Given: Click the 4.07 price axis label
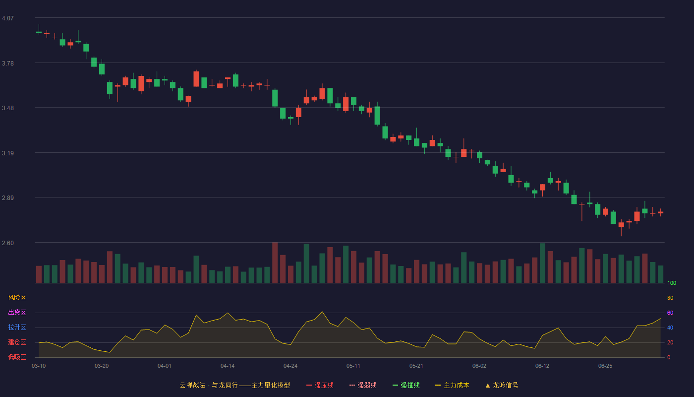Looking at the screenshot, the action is [x=8, y=18].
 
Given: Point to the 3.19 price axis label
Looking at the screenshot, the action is [x=8, y=153].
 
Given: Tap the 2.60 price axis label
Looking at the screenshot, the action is [x=8, y=243].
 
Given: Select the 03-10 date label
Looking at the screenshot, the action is [x=39, y=366].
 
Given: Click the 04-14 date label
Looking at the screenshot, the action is [x=228, y=366].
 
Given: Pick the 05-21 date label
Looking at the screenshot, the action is [x=416, y=366].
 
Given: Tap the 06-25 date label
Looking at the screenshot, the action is [x=605, y=366].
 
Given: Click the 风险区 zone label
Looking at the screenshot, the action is [x=17, y=298].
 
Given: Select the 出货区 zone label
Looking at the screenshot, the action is [x=17, y=312].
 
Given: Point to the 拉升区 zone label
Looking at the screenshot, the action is [x=17, y=327].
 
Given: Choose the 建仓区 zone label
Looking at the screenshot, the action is [x=17, y=342].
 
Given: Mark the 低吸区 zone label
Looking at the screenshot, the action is [x=17, y=357].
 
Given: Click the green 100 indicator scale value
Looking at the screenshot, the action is [x=672, y=283].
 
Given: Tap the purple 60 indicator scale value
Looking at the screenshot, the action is [x=670, y=313].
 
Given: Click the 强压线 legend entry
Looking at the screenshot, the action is [x=320, y=385].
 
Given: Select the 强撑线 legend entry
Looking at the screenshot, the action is [x=406, y=385].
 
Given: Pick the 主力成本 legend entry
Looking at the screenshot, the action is [x=452, y=385].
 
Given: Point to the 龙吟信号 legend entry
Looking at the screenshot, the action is [x=502, y=385].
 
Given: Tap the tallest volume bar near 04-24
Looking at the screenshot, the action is [x=275, y=263].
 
